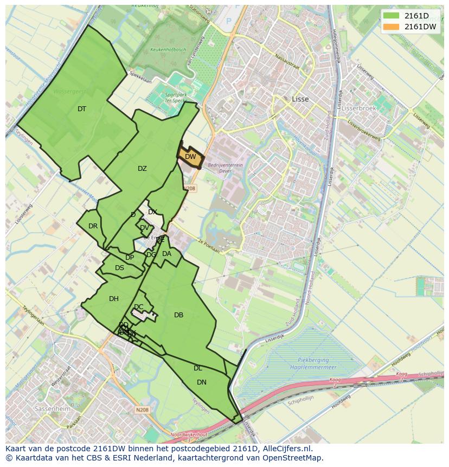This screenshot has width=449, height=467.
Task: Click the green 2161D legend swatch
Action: click(x=391, y=16)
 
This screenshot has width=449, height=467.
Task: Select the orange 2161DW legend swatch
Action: click(x=391, y=27)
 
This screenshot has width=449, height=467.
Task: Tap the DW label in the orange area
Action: click(x=190, y=157)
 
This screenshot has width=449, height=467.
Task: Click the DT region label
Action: click(x=82, y=109)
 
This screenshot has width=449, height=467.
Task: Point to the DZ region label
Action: click(x=142, y=169)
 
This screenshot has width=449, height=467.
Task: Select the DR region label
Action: click(x=93, y=226)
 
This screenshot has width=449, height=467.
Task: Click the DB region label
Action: click(x=178, y=315)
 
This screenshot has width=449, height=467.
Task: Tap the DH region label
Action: click(x=114, y=299)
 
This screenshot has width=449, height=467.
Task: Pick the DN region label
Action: click(x=202, y=382)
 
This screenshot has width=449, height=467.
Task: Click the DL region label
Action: click(x=198, y=368)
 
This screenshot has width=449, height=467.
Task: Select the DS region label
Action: click(x=119, y=268)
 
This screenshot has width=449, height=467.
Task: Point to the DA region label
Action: click(x=166, y=254)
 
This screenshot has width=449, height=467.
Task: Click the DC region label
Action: click(x=139, y=307)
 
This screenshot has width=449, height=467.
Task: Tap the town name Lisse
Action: click(x=300, y=99)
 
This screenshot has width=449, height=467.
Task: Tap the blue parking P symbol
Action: click(x=228, y=21)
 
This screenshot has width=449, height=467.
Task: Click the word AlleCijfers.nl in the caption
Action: click(x=287, y=449)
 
